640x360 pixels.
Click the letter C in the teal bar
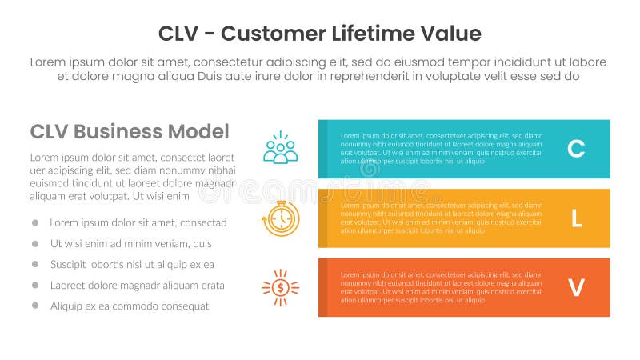pyautogui.click(x=576, y=149)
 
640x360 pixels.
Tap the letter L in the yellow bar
pyautogui.click(x=576, y=218)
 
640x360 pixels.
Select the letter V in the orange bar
pyautogui.click(x=576, y=288)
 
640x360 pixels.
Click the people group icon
pyautogui.click(x=280, y=149)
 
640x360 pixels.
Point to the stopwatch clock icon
pyautogui.click(x=281, y=218)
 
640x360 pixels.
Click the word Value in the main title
pyautogui.click(x=454, y=34)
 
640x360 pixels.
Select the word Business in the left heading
pyautogui.click(x=118, y=132)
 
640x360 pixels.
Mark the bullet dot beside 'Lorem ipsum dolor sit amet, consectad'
pyautogui.click(x=35, y=222)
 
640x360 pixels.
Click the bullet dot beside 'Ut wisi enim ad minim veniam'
pyautogui.click(x=35, y=243)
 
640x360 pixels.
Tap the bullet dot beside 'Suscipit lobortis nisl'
pyautogui.click(x=35, y=264)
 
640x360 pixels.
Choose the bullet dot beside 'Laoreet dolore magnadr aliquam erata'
pyautogui.click(x=35, y=285)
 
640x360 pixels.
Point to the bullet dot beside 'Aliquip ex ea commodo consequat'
pyautogui.click(x=35, y=306)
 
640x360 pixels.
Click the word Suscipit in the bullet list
pyautogui.click(x=69, y=264)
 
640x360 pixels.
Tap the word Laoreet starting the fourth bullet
pyautogui.click(x=68, y=285)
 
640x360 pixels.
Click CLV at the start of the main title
pyautogui.click(x=178, y=34)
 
